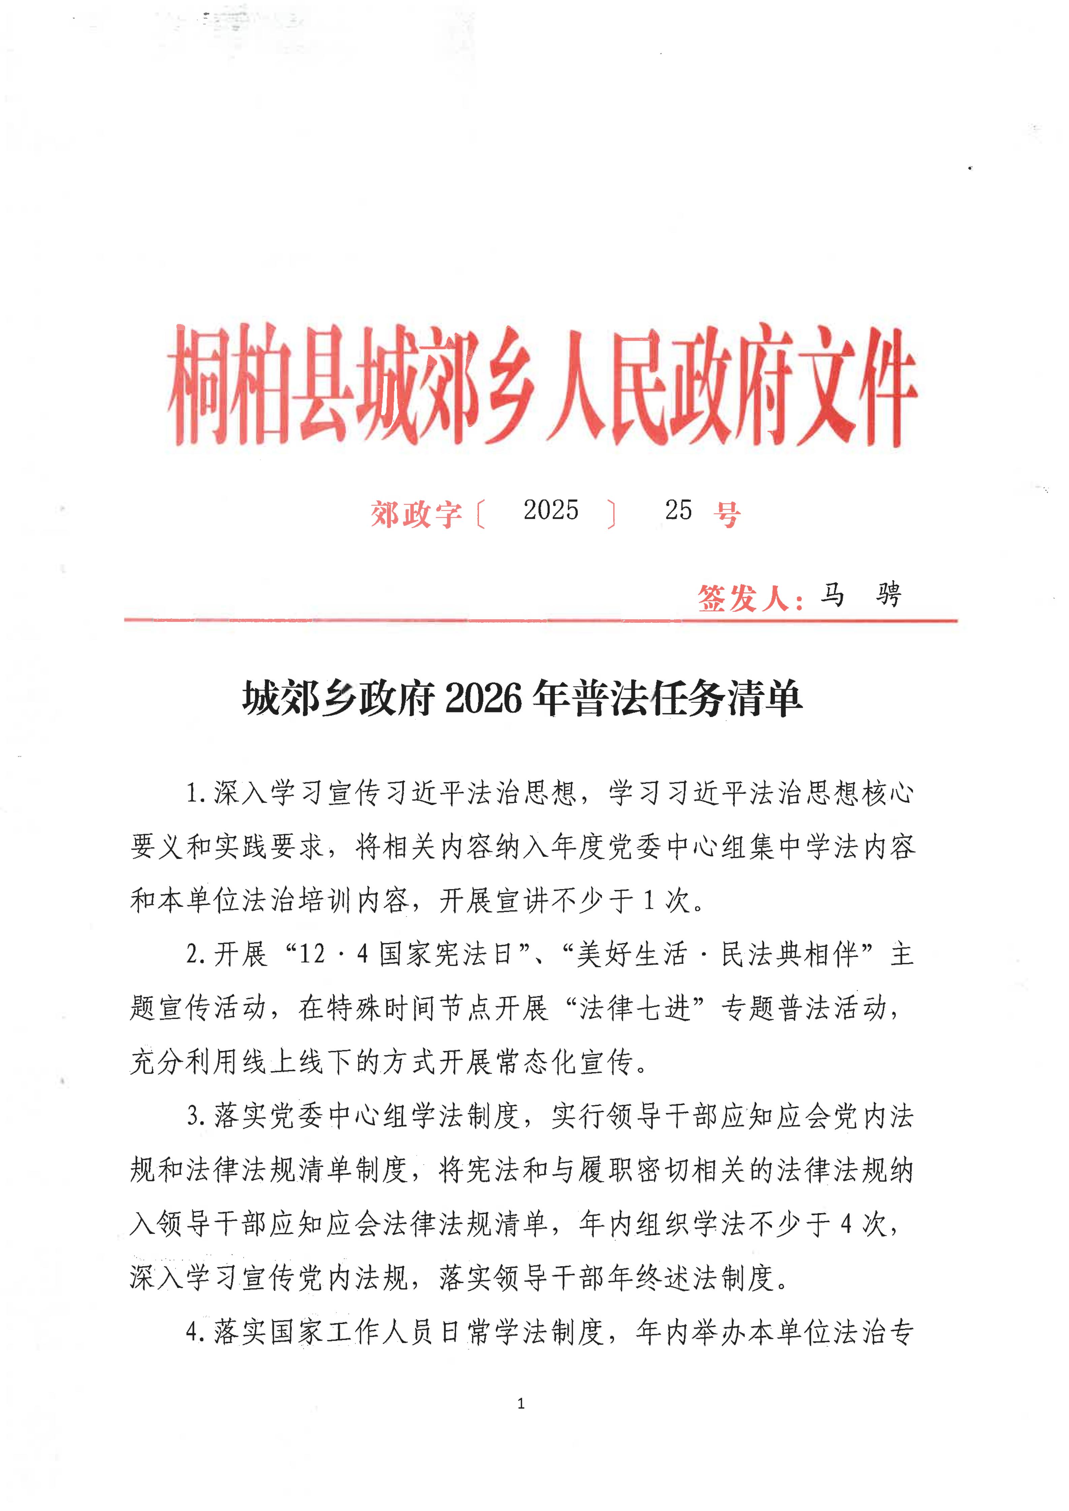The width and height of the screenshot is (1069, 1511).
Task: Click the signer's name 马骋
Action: [860, 595]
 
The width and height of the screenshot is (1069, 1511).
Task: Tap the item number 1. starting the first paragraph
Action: [196, 793]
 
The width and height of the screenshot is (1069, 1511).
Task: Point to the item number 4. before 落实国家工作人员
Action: [196, 1333]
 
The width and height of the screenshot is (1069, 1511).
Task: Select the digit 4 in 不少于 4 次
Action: [847, 1224]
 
